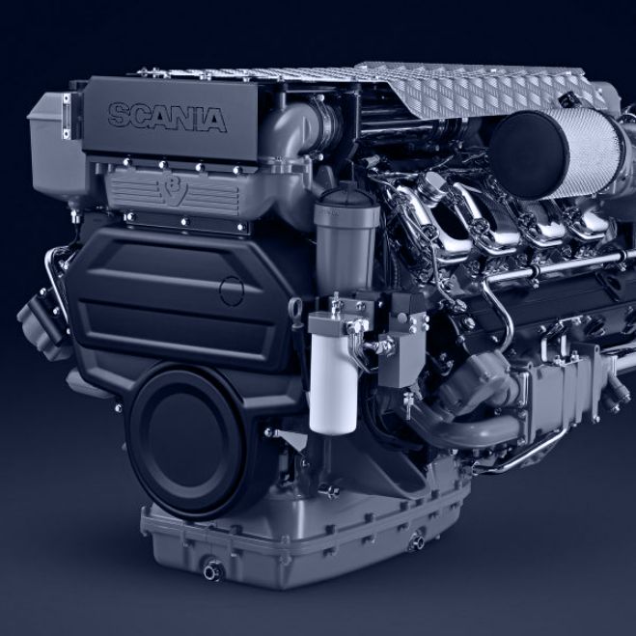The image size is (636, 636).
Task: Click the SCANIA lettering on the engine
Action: pyautogui.click(x=167, y=117)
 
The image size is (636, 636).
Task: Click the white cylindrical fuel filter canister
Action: pyautogui.click(x=333, y=383)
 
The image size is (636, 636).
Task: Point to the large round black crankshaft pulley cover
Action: pyautogui.click(x=187, y=441)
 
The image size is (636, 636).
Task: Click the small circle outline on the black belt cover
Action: pyautogui.click(x=232, y=291)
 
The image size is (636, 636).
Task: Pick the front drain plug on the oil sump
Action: pyautogui.click(x=213, y=570)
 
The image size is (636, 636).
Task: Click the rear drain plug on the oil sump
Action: pyautogui.click(x=417, y=541)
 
